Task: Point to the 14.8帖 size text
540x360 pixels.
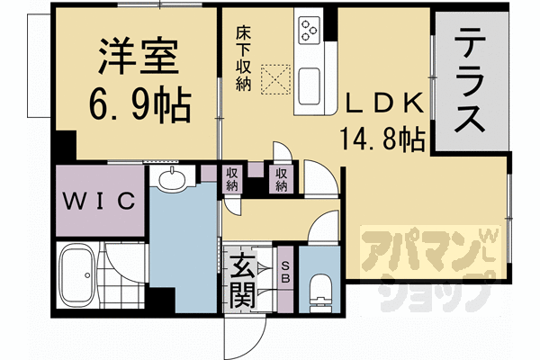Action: (382, 139)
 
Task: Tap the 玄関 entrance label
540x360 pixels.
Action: (239, 278)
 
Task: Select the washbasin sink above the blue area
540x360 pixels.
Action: (171, 181)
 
